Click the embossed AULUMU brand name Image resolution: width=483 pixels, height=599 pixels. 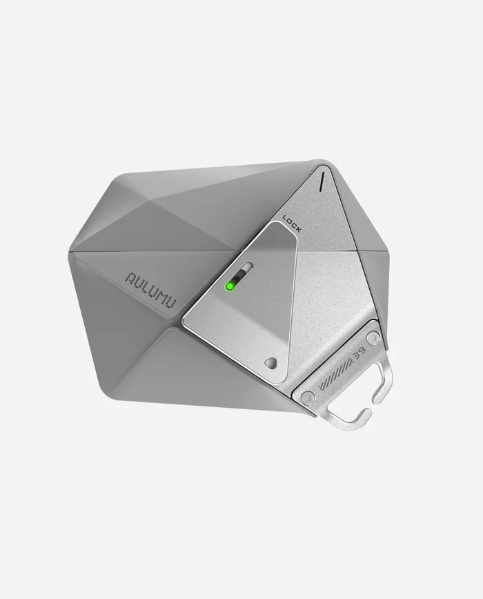151,288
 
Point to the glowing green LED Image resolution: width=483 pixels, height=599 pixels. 229,286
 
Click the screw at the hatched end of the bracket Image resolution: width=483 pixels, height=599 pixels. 308,397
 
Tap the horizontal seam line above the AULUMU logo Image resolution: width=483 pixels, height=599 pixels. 159,251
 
